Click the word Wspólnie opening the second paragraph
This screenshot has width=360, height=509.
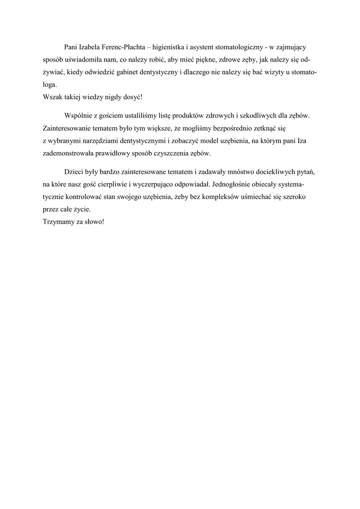point(79,115)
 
